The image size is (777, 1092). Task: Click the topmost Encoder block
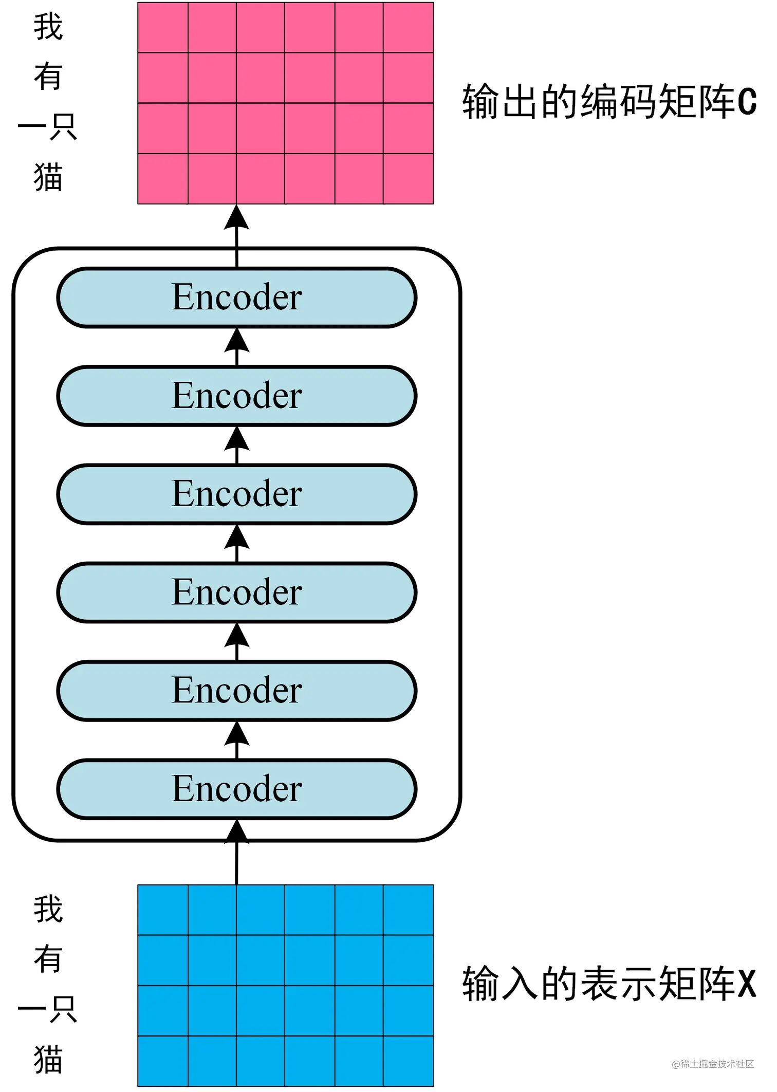pos(236,298)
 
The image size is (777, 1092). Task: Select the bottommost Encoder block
pos(236,789)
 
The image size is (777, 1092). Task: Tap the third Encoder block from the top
pos(236,494)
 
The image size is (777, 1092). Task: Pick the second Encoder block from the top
pos(236,396)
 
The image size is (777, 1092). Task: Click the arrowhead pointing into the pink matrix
pos(236,218)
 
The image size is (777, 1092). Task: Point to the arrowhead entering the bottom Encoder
pos(236,831)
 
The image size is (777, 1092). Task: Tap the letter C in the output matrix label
pos(747,102)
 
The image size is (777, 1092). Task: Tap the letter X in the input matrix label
pos(747,984)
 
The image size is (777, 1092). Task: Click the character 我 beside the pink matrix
pos(48,27)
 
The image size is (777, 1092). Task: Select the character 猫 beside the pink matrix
pos(48,177)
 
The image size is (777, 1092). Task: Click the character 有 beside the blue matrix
pos(48,958)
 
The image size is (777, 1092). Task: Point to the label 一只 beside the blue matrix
pos(48,1009)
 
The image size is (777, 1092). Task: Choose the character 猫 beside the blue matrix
pos(48,1059)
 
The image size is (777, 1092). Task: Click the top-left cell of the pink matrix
pos(163,28)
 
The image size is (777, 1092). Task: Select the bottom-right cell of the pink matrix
pos(408,178)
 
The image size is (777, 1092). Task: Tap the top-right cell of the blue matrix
pos(408,910)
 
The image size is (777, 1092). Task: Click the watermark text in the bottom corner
pos(713,1063)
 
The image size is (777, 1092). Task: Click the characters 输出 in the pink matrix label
pos(501,102)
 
